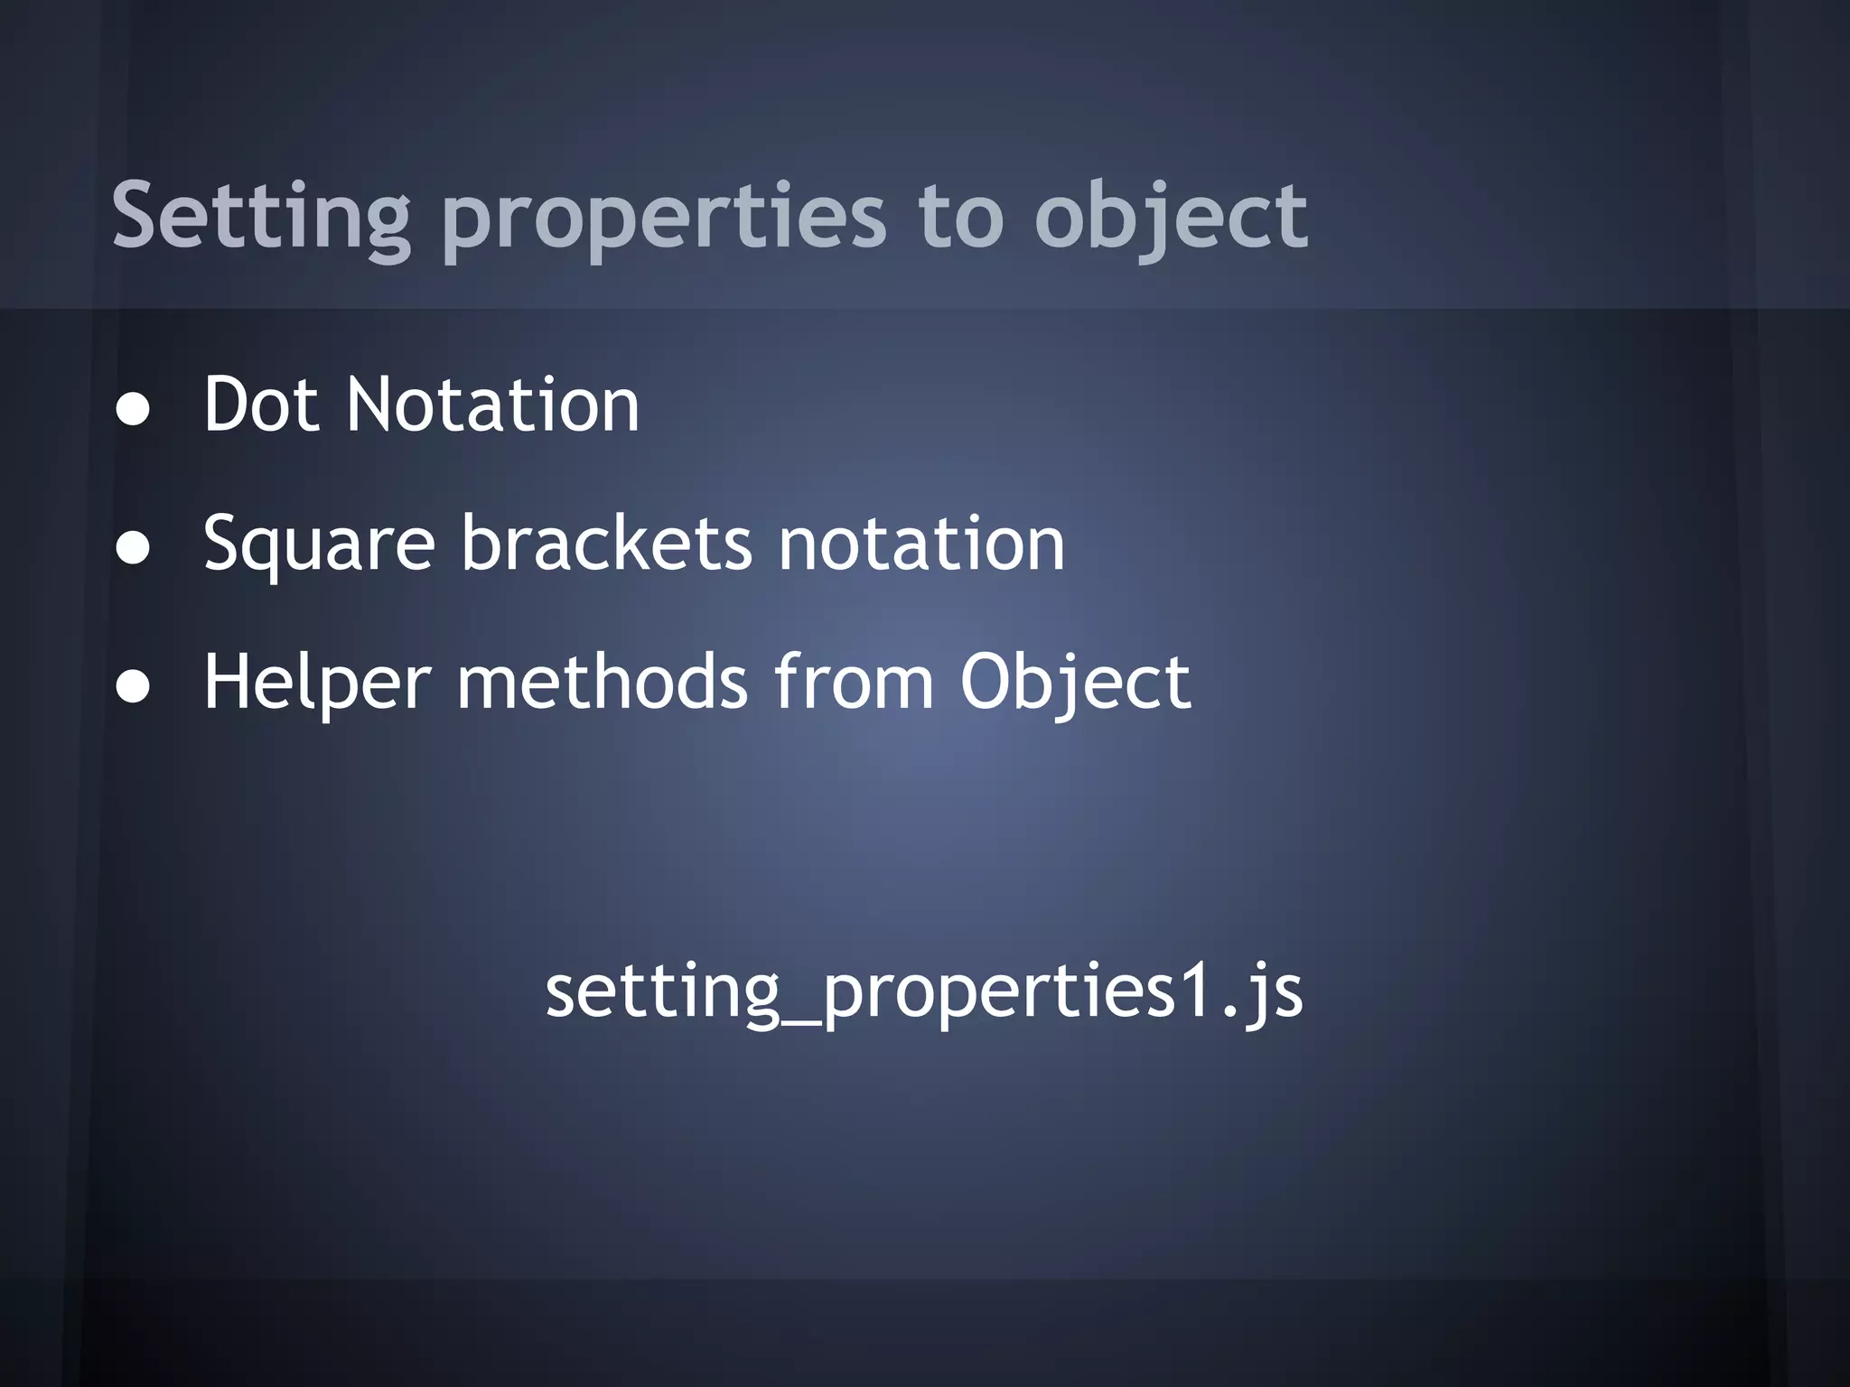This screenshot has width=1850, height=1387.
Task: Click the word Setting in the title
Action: click(x=261, y=217)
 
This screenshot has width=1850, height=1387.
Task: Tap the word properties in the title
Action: click(x=664, y=217)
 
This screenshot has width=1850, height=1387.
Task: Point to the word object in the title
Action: click(x=1171, y=217)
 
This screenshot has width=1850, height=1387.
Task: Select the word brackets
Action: click(x=606, y=544)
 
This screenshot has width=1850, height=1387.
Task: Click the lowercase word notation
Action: click(x=921, y=544)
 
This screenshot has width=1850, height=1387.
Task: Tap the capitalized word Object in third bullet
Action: click(x=1075, y=683)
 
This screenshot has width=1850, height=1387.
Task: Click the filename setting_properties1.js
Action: click(x=923, y=992)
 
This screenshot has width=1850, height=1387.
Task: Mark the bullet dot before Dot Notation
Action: click(x=134, y=409)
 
